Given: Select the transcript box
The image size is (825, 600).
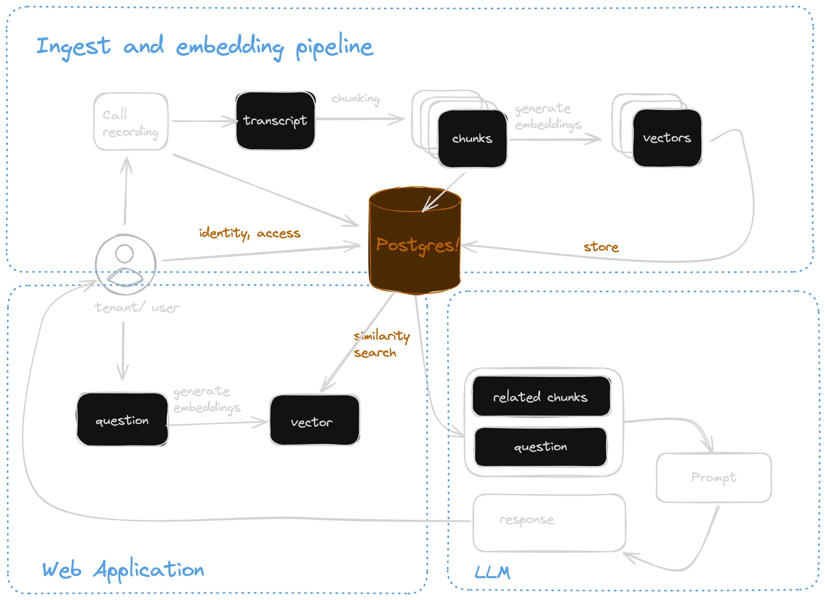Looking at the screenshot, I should tap(275, 121).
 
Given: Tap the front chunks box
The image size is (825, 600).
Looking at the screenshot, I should tap(472, 139).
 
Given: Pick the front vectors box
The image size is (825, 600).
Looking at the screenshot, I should tap(667, 138).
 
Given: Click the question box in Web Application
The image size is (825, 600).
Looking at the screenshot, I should tap(122, 419).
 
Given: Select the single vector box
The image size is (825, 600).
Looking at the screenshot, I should tap(314, 420).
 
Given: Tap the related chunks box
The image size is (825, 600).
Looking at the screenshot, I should tap(541, 396).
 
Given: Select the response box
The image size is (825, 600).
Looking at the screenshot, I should tap(549, 523).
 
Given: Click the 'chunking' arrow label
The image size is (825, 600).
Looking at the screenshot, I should tap(355, 99).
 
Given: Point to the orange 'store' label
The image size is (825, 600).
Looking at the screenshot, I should tap(601, 247).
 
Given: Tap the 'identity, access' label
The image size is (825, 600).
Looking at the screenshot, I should tap(250, 233).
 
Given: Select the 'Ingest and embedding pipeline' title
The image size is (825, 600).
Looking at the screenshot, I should tap(205, 47).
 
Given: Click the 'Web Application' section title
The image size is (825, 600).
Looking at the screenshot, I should tap(123, 570).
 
